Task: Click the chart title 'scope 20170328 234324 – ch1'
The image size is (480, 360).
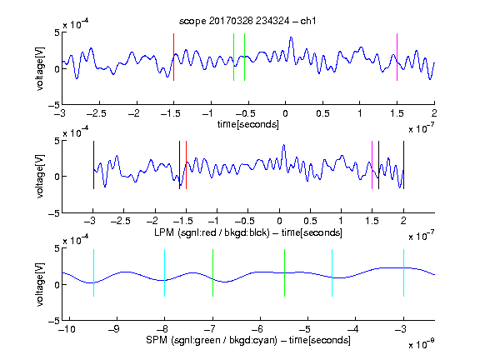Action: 247,21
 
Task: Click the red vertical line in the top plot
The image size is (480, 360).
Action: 173,57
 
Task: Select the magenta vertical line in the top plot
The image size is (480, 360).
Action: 397,57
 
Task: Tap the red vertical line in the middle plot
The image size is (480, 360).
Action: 186,165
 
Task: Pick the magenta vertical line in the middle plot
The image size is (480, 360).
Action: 372,165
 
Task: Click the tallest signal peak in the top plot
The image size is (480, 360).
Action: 291,37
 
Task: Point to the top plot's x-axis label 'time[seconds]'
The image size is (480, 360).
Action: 248,124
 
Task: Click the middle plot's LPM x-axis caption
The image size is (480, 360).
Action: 248,232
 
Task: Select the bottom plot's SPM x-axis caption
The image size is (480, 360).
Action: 248,340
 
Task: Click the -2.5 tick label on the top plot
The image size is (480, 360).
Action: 96,113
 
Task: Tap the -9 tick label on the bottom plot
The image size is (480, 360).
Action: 114,329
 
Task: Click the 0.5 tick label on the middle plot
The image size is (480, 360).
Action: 310,221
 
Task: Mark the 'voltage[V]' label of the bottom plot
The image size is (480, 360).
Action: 40,284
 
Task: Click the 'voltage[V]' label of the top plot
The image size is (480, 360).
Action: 40,68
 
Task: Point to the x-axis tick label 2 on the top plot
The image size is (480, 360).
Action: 434,113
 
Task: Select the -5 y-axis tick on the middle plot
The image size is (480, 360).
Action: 53,213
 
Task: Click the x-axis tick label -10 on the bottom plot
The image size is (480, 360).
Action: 68,329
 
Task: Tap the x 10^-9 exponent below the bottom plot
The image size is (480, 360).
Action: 421,344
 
